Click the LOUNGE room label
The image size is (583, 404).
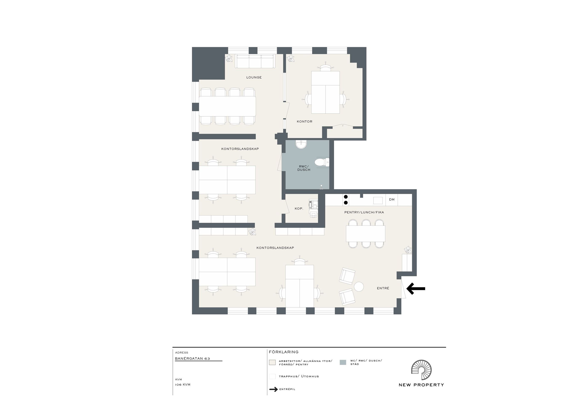click(254, 77)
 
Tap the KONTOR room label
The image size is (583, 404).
click(305, 121)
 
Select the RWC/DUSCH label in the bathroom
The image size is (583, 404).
click(304, 168)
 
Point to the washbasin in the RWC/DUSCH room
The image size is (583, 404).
click(301, 144)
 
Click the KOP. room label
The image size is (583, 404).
click(299, 209)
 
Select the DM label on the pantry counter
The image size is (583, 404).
click(392, 199)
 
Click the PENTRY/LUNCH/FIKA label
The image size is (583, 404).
click(364, 212)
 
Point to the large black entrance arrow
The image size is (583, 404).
click(416, 288)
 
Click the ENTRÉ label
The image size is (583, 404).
click(383, 288)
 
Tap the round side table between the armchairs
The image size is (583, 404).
click(359, 287)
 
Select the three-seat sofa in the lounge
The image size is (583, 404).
click(255, 61)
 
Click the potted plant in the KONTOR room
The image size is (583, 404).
click(290, 58)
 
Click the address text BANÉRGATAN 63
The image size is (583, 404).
click(192, 358)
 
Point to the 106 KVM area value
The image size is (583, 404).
click(182, 384)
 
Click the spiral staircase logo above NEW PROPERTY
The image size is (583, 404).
click(421, 370)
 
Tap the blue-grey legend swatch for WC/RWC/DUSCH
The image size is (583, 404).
click(343, 362)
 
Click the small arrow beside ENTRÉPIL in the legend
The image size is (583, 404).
click(273, 389)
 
